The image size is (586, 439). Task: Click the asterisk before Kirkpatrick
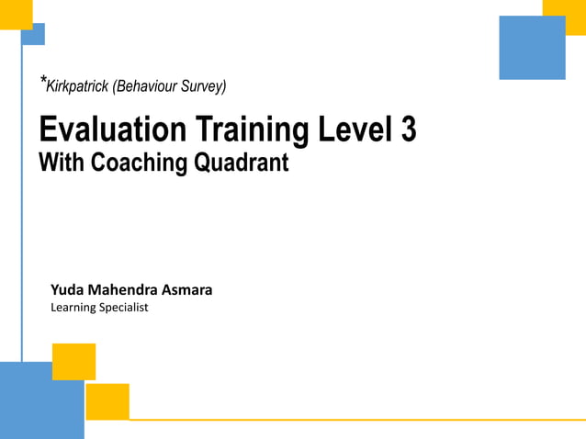click(x=41, y=82)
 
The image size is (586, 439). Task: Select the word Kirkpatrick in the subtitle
click(x=76, y=87)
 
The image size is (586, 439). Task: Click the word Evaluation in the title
click(x=98, y=129)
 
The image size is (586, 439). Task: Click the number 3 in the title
click(x=409, y=129)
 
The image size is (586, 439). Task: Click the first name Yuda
click(x=68, y=289)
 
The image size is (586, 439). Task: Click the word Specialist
click(x=125, y=308)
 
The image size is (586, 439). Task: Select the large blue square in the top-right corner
click(x=532, y=48)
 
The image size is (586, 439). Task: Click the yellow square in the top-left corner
click(x=16, y=14)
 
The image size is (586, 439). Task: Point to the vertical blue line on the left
click(x=22, y=202)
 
